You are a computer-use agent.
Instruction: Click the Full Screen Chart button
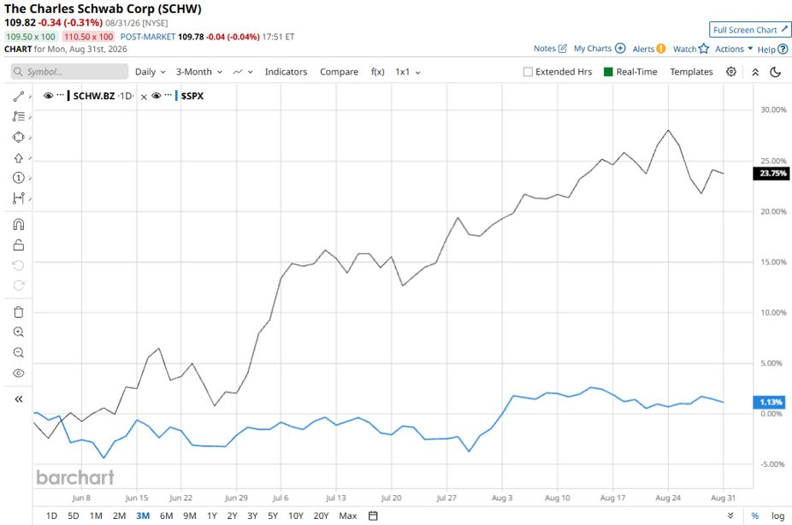[750, 30]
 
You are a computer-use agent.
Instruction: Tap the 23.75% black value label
[772, 174]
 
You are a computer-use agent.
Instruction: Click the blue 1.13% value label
[770, 403]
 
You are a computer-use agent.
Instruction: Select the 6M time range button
[166, 516]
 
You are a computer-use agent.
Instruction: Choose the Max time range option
[347, 516]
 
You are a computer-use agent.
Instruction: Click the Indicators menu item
[286, 72]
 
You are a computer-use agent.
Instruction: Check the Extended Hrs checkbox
[528, 72]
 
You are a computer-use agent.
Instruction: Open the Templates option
[691, 72]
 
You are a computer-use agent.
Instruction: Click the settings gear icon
[731, 72]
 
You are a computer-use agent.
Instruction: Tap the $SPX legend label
[192, 96]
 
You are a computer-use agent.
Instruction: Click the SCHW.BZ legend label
[94, 96]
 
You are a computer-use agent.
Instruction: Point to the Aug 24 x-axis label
[668, 498]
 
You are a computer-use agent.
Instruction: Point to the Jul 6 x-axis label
[281, 498]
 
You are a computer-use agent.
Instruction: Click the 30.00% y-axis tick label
[773, 109]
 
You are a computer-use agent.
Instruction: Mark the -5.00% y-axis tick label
[773, 464]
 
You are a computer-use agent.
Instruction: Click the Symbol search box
[69, 72]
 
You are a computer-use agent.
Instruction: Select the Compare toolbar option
[339, 72]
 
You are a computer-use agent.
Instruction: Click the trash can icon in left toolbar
[19, 312]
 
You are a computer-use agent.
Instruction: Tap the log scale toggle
[777, 516]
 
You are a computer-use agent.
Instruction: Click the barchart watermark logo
[75, 477]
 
